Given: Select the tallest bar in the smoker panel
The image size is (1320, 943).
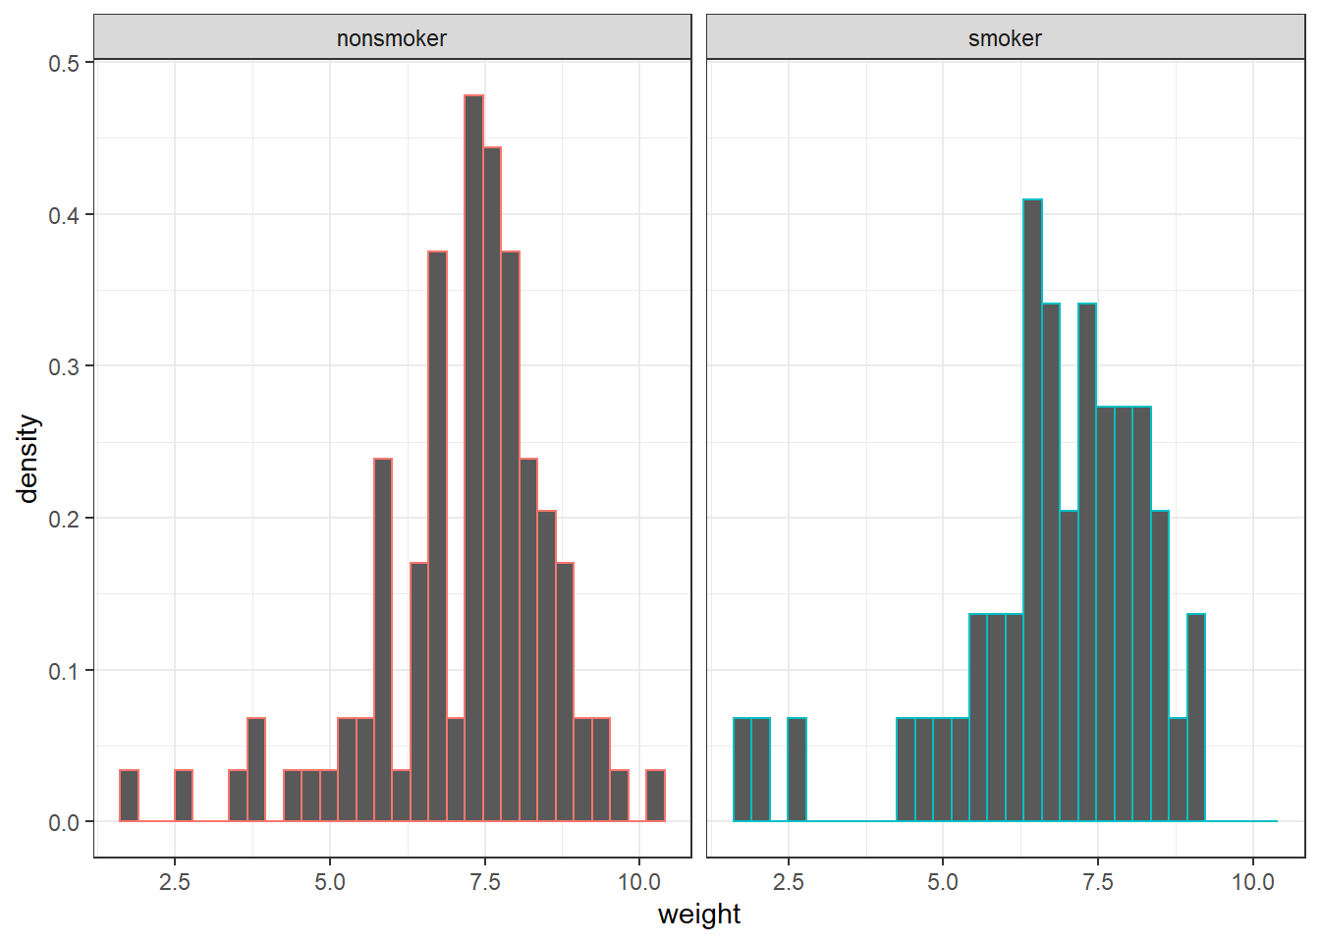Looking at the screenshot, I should click(1032, 510).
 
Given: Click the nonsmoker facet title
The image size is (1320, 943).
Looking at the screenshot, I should click(392, 38).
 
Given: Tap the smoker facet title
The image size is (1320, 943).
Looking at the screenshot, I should click(1005, 38).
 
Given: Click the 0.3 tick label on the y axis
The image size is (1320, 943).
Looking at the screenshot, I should click(64, 366).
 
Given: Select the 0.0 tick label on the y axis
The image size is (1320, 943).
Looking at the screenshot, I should click(64, 822).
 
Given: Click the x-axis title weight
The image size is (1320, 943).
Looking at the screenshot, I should click(698, 915).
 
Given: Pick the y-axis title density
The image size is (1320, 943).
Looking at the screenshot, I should click(28, 458).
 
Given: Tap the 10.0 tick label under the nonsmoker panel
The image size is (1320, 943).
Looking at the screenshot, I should click(639, 882).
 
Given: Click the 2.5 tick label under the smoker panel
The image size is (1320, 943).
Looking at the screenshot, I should click(788, 882).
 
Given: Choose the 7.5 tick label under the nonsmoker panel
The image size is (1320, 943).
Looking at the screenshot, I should click(484, 882).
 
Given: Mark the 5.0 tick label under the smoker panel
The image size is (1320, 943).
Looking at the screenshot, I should click(943, 882).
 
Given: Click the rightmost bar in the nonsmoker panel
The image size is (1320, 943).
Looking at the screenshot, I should click(655, 797).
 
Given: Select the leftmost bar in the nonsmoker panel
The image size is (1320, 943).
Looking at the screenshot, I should click(129, 797).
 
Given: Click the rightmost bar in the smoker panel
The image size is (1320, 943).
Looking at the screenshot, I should click(1196, 718).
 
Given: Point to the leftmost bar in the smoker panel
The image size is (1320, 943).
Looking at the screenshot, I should click(742, 770).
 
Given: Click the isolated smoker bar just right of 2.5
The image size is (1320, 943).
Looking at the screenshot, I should click(797, 770).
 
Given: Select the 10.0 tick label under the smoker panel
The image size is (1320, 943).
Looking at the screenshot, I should click(1252, 882).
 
